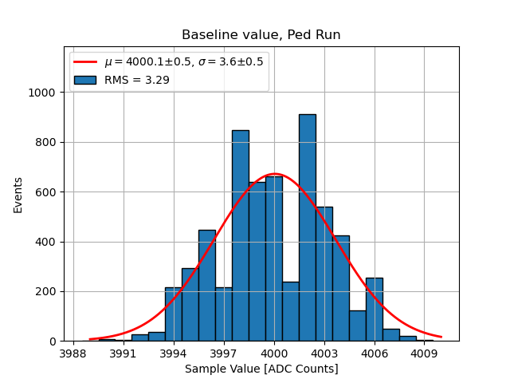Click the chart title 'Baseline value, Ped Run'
coord(261,35)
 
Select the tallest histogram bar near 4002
coord(307,227)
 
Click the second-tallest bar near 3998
coord(240,235)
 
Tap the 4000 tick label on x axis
coord(274,353)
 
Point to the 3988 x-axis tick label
coord(73,353)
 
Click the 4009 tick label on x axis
coord(424,353)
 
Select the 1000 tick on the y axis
coord(44,93)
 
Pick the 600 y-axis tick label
coord(47,192)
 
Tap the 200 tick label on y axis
coord(47,291)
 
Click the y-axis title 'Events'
coord(18,195)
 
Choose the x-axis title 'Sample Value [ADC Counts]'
coord(261,369)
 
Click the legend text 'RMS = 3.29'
coord(137,80)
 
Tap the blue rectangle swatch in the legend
coord(84,80)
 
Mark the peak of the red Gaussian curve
coord(274,174)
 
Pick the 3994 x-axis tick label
coord(174,353)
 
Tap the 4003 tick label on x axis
coord(324,353)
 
